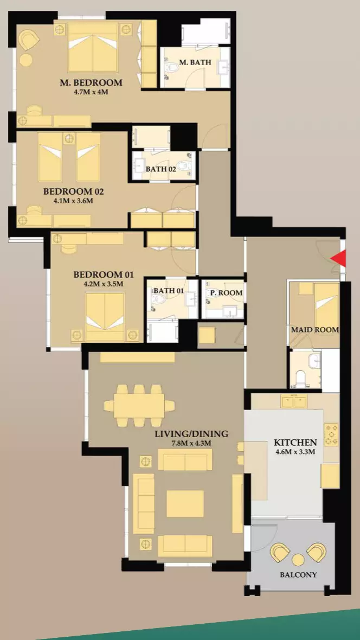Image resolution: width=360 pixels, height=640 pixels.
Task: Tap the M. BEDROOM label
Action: coord(91,82)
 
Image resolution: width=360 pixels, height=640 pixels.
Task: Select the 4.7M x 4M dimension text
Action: coord(91,92)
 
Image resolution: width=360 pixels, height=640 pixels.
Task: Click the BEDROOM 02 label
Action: coord(74,191)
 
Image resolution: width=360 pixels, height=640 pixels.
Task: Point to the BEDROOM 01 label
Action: coord(103,274)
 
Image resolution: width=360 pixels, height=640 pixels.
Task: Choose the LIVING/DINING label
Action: coord(191,433)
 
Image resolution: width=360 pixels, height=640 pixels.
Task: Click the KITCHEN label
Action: coord(295,443)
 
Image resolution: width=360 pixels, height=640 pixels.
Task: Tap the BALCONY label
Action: coord(298,575)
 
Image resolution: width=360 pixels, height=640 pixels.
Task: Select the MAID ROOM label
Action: coord(314,329)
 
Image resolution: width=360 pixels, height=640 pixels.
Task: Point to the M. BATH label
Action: coord(196,62)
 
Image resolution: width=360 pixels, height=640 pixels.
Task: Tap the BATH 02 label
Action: coord(161,169)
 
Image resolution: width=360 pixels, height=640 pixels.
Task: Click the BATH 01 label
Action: coord(169,290)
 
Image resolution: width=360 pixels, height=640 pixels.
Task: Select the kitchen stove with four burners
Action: coord(331,434)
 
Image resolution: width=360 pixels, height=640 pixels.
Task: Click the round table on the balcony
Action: coord(298,560)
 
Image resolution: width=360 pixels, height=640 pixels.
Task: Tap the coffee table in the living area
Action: coord(185,503)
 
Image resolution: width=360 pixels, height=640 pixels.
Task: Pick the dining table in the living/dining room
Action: coord(139,406)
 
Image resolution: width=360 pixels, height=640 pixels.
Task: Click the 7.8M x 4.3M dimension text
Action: coord(191,443)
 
